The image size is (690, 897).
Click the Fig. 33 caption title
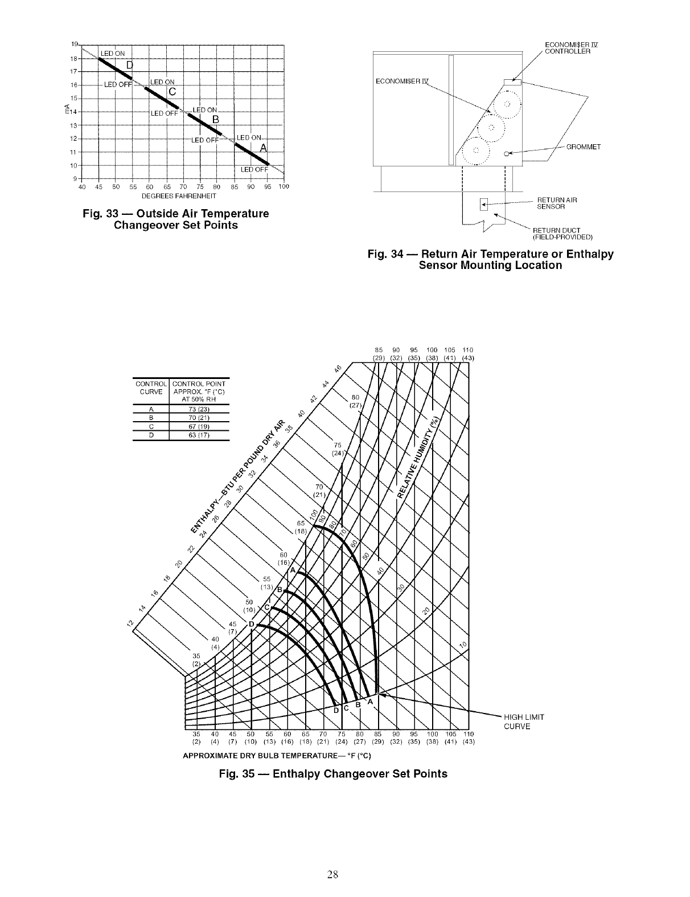[176, 219]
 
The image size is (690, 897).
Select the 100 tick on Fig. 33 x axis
[284, 187]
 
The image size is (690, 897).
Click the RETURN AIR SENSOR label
[557, 203]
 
